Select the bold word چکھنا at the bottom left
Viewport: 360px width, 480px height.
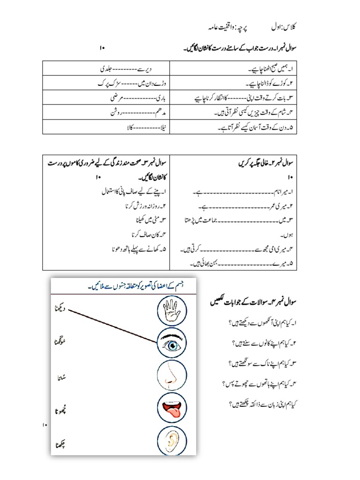point(60,444)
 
